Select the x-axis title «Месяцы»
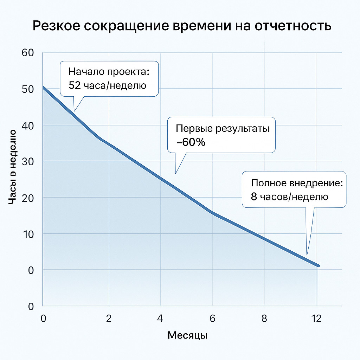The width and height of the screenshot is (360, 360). click(x=187, y=335)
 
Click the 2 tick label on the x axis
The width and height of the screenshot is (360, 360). click(x=109, y=319)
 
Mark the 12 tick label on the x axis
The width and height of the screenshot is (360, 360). click(x=316, y=319)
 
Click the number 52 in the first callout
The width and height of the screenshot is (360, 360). click(x=75, y=85)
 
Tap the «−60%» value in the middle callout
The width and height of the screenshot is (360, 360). click(x=191, y=142)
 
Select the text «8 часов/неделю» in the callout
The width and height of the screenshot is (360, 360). click(x=290, y=197)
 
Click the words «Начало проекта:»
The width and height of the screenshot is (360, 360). click(x=109, y=72)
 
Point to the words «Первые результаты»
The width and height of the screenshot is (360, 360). click(x=223, y=128)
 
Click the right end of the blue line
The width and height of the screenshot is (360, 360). click(x=318, y=266)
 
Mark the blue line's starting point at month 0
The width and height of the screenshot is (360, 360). click(x=43, y=87)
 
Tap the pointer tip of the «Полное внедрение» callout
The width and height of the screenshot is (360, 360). click(x=307, y=255)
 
